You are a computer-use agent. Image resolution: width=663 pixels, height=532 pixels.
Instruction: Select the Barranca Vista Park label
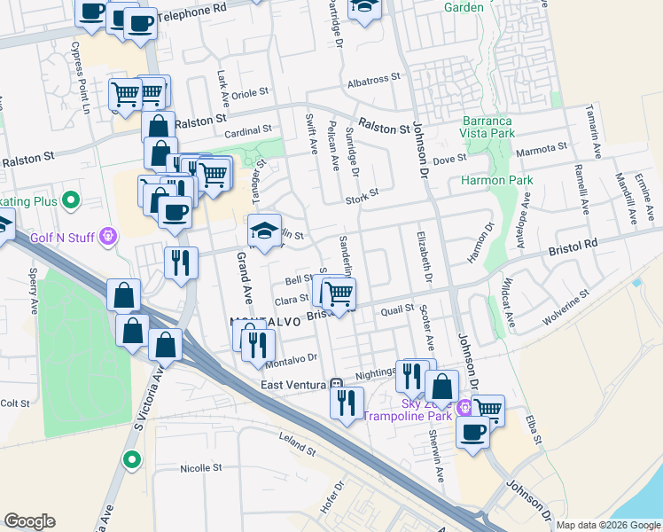487,126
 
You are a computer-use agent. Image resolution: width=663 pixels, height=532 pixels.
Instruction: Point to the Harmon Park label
497,180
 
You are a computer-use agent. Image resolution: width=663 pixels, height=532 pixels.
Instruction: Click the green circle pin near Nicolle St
131,459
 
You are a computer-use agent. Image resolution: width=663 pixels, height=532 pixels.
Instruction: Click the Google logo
30,520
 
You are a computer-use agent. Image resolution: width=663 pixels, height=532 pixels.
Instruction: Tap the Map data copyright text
608,525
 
